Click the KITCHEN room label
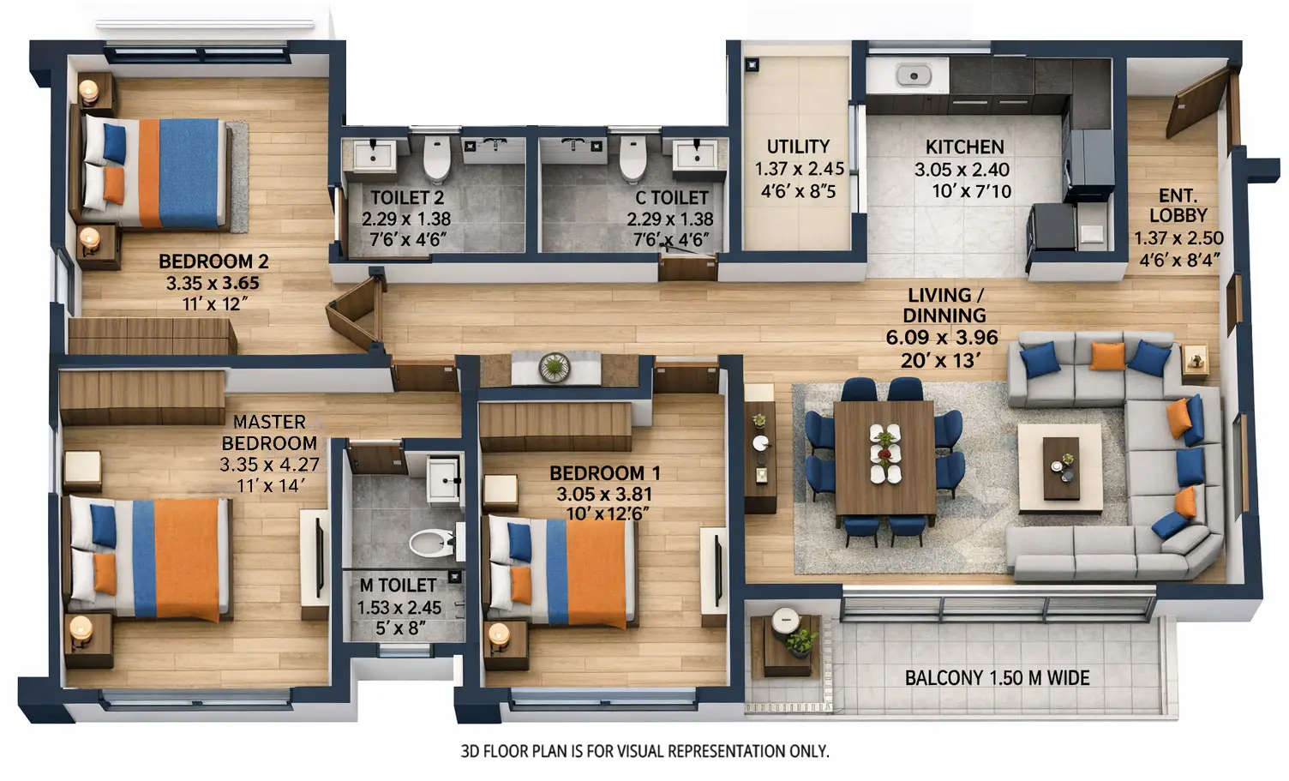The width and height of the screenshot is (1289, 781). pyautogui.click(x=964, y=147)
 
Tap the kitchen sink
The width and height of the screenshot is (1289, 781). pyautogui.click(x=914, y=76)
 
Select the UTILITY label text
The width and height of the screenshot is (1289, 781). pyautogui.click(x=798, y=147)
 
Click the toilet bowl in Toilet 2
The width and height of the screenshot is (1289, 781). pyautogui.click(x=437, y=158)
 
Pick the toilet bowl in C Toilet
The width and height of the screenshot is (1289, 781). pyautogui.click(x=633, y=158)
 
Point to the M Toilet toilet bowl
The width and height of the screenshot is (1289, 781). pyautogui.click(x=432, y=542)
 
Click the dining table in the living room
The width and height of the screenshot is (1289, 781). pyautogui.click(x=884, y=457)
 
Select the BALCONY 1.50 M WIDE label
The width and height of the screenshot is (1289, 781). pyautogui.click(x=997, y=678)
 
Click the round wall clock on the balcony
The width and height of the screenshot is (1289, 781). pyautogui.click(x=784, y=620)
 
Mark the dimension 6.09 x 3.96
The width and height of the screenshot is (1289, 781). pyautogui.click(x=942, y=338)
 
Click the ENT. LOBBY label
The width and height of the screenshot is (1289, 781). pyautogui.click(x=1178, y=206)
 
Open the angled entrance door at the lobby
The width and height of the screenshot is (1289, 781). pyautogui.click(x=1197, y=102)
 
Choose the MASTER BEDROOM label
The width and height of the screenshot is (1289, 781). pyautogui.click(x=269, y=432)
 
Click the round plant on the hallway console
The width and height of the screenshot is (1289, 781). pyautogui.click(x=555, y=368)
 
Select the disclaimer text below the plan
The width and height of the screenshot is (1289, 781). pyautogui.click(x=644, y=752)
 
